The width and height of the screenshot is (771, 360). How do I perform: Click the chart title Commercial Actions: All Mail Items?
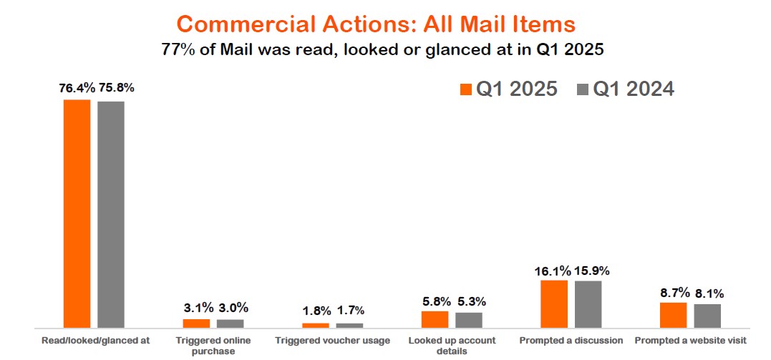click(376, 24)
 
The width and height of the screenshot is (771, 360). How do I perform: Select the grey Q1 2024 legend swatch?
click(583, 89)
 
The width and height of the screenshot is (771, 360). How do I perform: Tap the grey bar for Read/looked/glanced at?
click(111, 214)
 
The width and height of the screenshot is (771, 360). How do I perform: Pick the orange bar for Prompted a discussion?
click(554, 303)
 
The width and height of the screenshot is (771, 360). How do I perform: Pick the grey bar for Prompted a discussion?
click(588, 303)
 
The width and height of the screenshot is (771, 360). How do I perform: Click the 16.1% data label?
click(552, 271)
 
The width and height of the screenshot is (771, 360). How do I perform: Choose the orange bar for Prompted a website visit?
click(673, 315)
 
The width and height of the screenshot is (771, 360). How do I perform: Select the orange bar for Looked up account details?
click(435, 319)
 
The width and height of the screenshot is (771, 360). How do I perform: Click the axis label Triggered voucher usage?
click(333, 341)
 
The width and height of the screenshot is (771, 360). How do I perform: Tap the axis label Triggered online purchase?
click(213, 346)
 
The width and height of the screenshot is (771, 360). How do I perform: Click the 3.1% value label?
click(198, 308)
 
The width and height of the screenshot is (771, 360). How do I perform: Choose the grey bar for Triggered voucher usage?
click(349, 325)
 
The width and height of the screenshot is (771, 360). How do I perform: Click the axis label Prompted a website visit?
click(689, 341)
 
